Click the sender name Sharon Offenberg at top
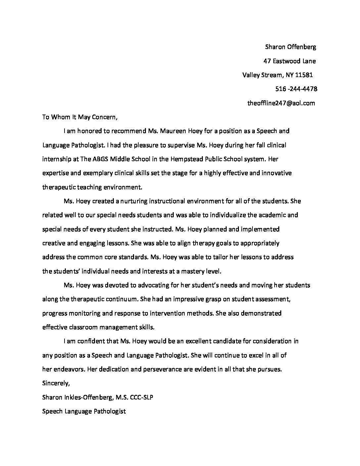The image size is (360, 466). (x=291, y=47)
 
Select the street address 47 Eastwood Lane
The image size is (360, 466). (x=290, y=61)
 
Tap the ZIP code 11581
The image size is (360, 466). (x=304, y=75)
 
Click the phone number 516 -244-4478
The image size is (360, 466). (x=296, y=89)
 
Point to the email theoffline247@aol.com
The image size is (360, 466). (x=281, y=103)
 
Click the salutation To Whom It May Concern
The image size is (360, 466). (x=80, y=117)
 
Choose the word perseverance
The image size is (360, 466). (x=160, y=369)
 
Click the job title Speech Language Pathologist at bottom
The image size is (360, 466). (x=84, y=412)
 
